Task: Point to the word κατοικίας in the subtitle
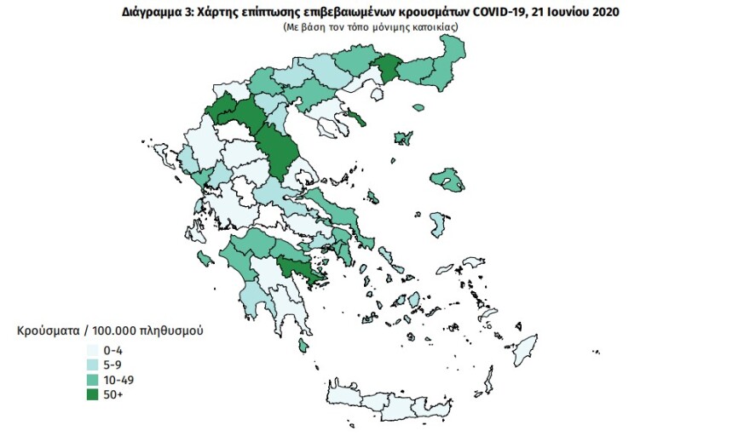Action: (x=437, y=27)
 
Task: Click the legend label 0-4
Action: (x=113, y=349)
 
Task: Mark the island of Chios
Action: (x=439, y=225)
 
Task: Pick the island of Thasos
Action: (x=355, y=118)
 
